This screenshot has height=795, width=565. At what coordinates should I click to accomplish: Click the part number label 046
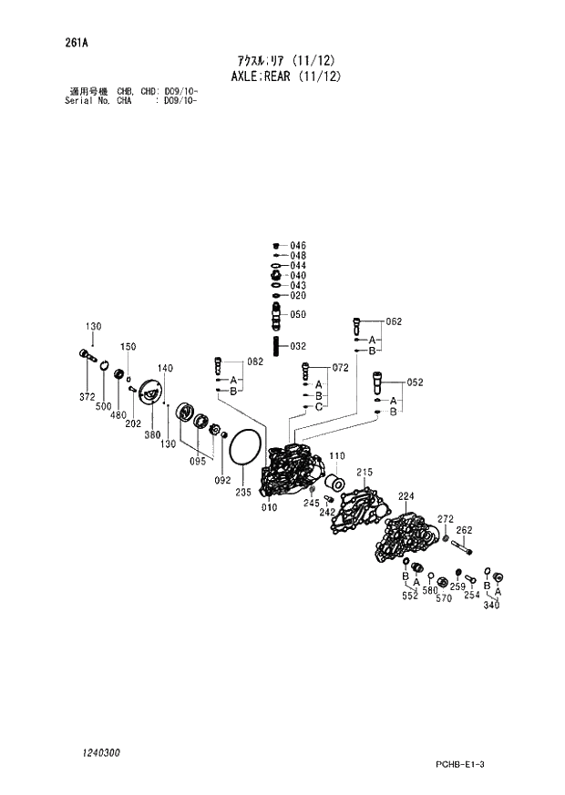(x=298, y=246)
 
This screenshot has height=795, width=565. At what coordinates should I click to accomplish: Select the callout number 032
(x=298, y=346)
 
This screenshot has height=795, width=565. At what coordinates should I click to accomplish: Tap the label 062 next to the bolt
(x=394, y=321)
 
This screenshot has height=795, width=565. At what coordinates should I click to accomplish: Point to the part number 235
(x=242, y=493)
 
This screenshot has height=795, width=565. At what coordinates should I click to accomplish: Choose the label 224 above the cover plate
(x=406, y=496)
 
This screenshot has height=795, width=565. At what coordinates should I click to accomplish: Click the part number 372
(x=87, y=396)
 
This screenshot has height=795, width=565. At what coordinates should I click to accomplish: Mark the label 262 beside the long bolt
(x=464, y=530)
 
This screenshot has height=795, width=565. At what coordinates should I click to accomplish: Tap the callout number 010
(x=269, y=507)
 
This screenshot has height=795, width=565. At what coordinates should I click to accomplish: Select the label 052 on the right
(x=415, y=382)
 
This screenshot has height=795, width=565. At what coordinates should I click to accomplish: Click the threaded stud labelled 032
(x=276, y=347)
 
